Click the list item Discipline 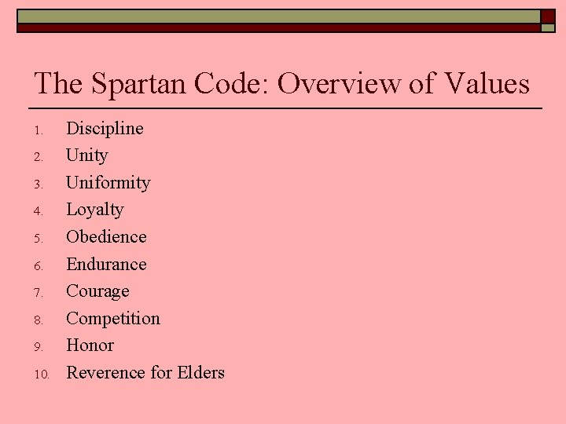click(x=105, y=128)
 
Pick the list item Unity click(x=86, y=155)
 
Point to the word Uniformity click(x=108, y=182)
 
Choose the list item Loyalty click(x=94, y=210)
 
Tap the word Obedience click(x=106, y=236)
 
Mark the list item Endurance click(x=106, y=264)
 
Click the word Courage click(x=97, y=291)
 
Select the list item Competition click(x=112, y=318)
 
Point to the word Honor click(x=90, y=345)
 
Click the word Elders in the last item click(x=200, y=372)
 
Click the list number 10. click(x=42, y=375)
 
